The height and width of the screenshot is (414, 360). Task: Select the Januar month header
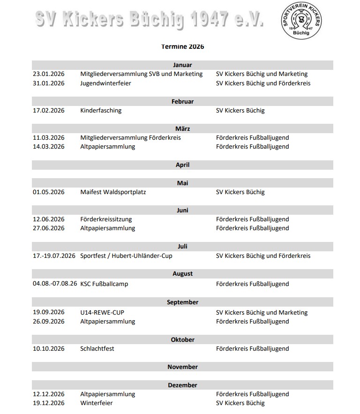pyautogui.click(x=182, y=65)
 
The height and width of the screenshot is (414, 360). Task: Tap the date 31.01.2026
pyautogui.click(x=49, y=83)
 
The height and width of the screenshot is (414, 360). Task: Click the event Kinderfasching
pyautogui.click(x=101, y=111)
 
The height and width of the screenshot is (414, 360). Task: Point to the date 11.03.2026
pyautogui.click(x=49, y=138)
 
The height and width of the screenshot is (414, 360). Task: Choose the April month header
pyautogui.click(x=182, y=165)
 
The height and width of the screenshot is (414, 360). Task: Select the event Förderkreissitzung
pyautogui.click(x=106, y=219)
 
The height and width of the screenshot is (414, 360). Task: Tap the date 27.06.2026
pyautogui.click(x=49, y=228)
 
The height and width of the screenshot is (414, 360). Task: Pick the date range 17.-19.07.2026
pyautogui.click(x=54, y=256)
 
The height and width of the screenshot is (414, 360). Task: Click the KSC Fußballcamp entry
pyautogui.click(x=104, y=284)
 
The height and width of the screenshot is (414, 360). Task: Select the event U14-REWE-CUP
pyautogui.click(x=102, y=313)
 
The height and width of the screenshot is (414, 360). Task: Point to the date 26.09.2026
pyautogui.click(x=49, y=322)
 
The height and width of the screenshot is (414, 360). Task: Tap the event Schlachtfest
pyautogui.click(x=97, y=349)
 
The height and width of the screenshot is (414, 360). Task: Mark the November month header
pyautogui.click(x=182, y=367)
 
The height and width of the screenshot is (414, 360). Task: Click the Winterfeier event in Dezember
pyautogui.click(x=97, y=403)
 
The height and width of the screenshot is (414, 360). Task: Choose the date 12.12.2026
pyautogui.click(x=49, y=394)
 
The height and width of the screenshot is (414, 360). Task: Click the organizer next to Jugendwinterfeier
pyautogui.click(x=263, y=83)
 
